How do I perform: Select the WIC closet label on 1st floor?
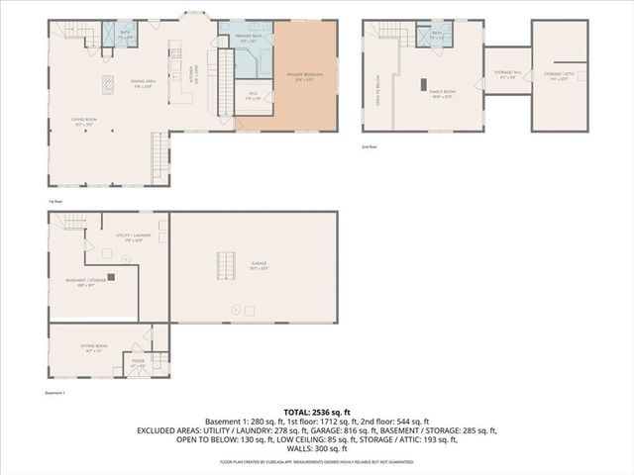[x=254, y=97]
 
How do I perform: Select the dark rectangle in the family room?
[x=425, y=83]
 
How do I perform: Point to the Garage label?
[x=259, y=264]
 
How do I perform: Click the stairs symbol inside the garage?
[x=225, y=265]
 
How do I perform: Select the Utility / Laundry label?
[x=130, y=237]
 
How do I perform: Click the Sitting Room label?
[x=95, y=349]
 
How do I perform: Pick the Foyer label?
[x=138, y=364]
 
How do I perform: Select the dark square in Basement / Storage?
[x=111, y=277]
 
